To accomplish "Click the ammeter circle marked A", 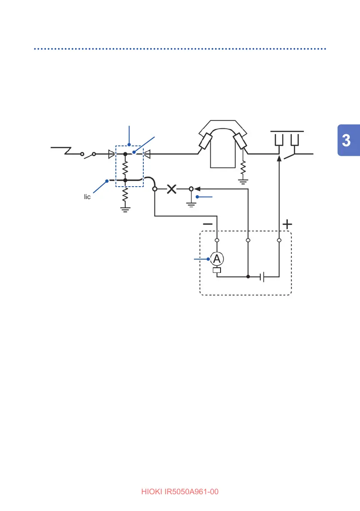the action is (x=217, y=259).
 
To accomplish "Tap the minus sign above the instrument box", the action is (x=208, y=224).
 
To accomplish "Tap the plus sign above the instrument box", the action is (x=287, y=224).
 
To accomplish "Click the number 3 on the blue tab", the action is (x=348, y=140).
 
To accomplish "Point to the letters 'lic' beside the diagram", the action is (x=88, y=197).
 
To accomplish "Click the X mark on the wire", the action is (x=172, y=189).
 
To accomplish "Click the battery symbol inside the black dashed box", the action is (x=263, y=277).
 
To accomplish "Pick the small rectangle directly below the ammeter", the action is (x=217, y=270).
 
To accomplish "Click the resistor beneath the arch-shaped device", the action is (x=243, y=166).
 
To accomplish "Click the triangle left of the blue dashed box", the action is (x=112, y=153).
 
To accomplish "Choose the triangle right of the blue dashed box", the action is (x=146, y=153).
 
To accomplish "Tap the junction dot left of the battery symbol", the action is (x=248, y=277).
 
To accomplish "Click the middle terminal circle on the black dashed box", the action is (x=248, y=240).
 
